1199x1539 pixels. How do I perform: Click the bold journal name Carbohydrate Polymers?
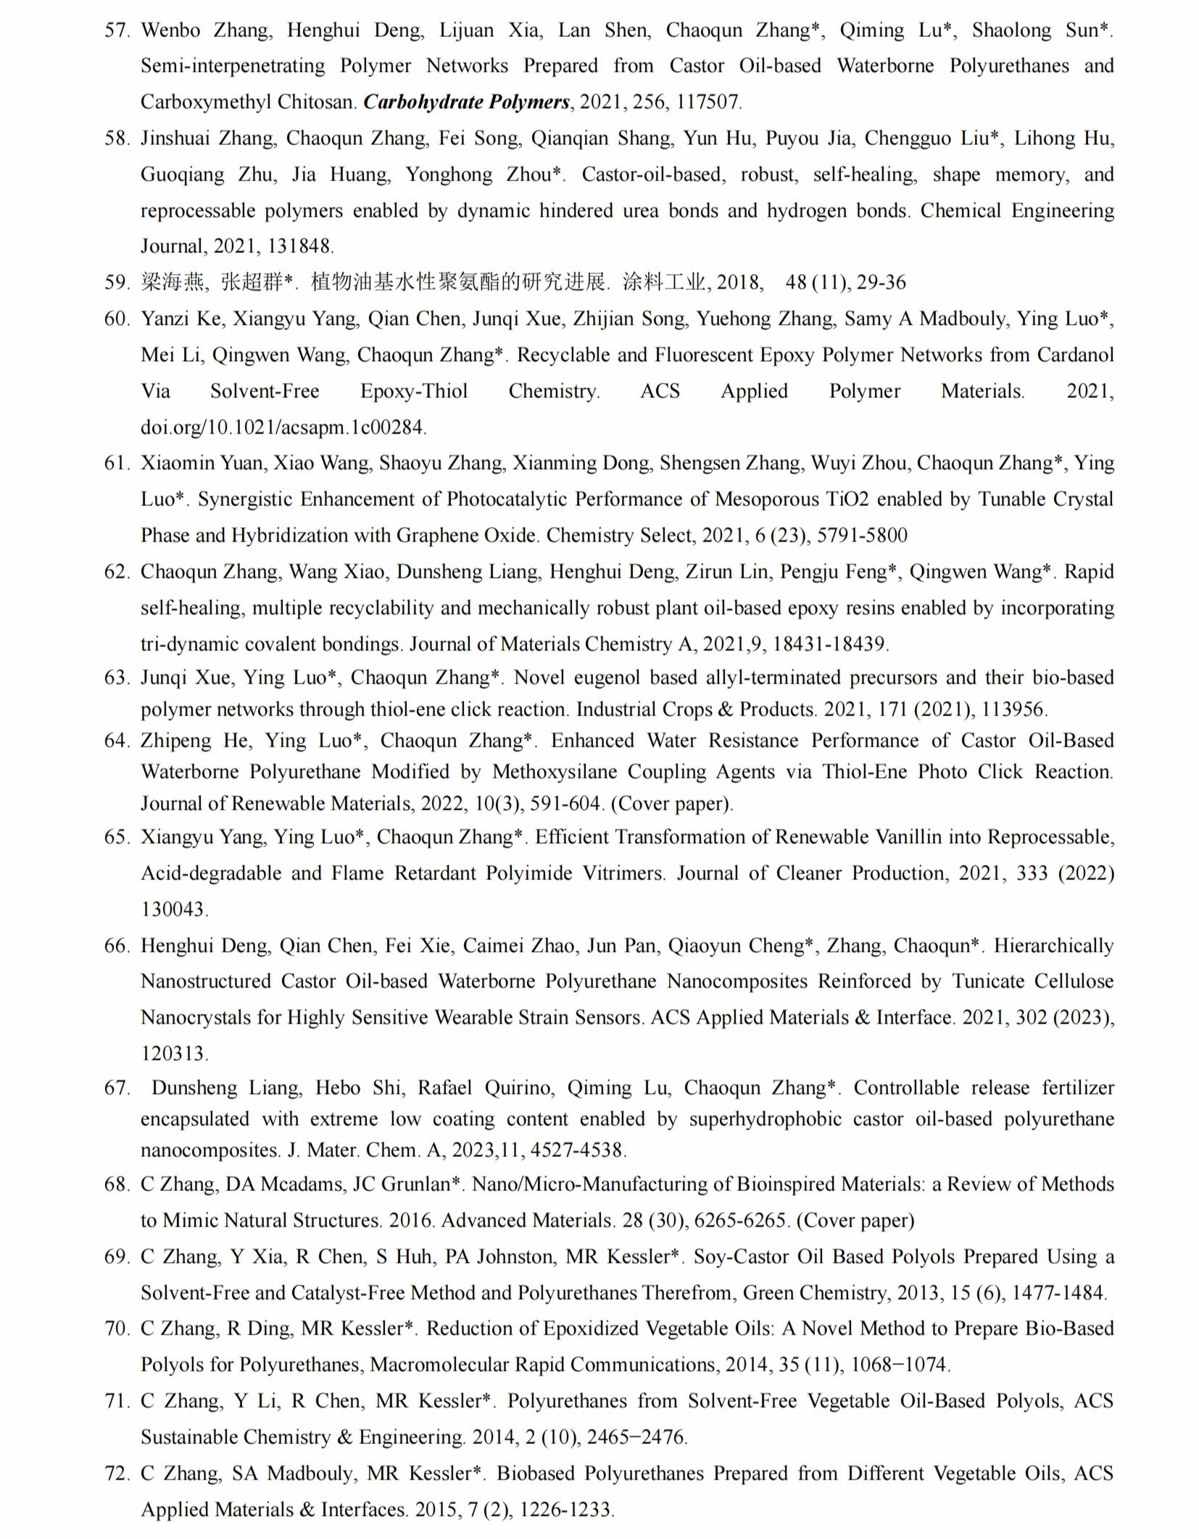[466, 102]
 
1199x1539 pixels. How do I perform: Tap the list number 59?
[117, 283]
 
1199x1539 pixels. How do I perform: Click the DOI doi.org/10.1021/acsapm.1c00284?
[283, 428]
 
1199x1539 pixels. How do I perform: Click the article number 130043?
[175, 909]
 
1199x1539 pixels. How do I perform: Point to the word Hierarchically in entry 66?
[1053, 946]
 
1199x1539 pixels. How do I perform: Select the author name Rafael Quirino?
[476, 1088]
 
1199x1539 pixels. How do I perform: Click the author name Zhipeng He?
[196, 741]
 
